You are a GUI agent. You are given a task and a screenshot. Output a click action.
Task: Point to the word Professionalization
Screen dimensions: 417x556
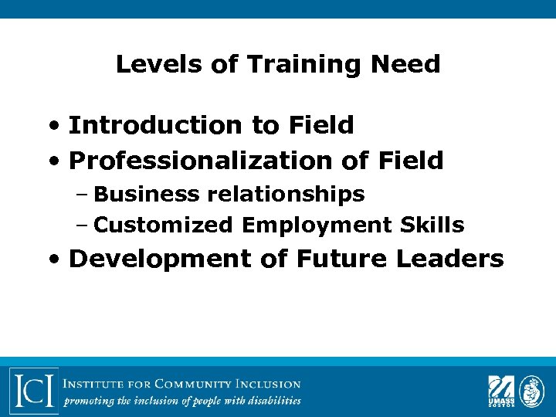pos(200,161)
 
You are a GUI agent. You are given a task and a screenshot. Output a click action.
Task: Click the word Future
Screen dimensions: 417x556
pos(341,259)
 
